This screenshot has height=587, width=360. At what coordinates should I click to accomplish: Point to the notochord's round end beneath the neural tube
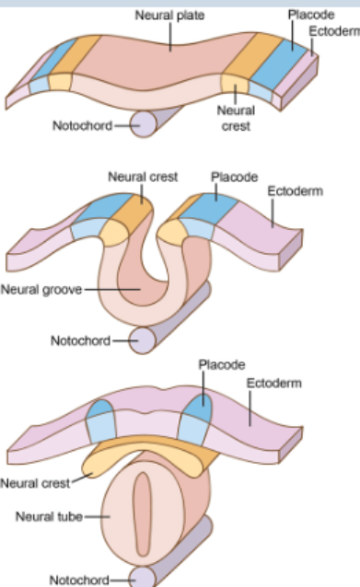click(x=143, y=577)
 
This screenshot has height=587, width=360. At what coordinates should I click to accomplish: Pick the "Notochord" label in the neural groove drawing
click(x=80, y=340)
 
